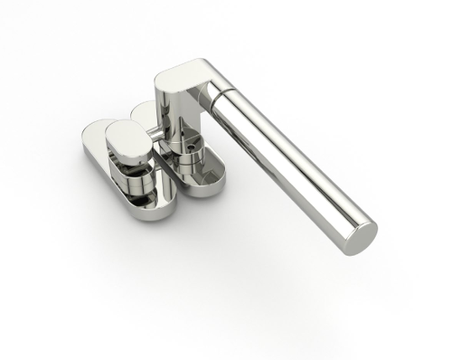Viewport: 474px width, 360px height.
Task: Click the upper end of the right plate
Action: (143, 109)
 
